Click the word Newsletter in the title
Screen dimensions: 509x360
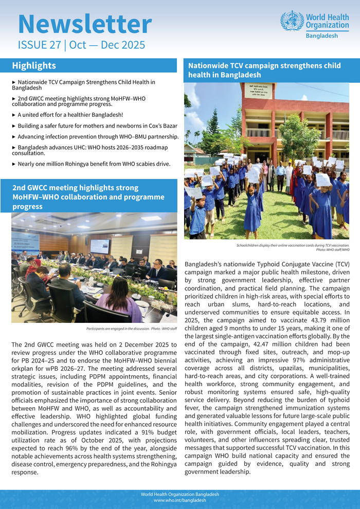coord(85,24)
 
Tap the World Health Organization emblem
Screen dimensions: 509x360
coord(292,21)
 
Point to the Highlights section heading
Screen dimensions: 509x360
coord(34,66)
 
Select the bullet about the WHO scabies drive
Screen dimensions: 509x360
coord(91,164)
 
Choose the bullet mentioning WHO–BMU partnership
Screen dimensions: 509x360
coord(98,136)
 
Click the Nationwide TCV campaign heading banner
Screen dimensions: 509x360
coord(264,70)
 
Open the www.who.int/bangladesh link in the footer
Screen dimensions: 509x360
coord(180,500)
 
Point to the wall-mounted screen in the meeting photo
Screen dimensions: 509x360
coord(99,245)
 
